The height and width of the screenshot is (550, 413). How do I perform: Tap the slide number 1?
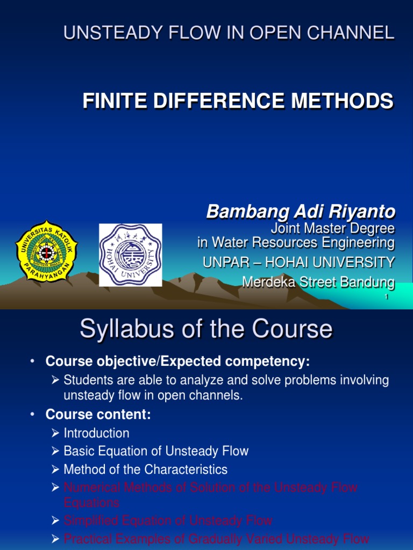point(387,298)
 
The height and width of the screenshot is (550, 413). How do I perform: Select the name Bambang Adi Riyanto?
point(301,212)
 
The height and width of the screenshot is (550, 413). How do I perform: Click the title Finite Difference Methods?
point(238,101)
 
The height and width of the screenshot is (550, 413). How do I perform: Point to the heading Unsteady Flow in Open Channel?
point(229,33)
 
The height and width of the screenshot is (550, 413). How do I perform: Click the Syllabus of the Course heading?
point(206,329)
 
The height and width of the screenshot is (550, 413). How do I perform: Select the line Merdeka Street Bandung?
point(318,281)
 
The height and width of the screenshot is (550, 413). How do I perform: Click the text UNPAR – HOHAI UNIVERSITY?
point(298,263)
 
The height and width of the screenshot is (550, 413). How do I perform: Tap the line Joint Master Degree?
point(332,229)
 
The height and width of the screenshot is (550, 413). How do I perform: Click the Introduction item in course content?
point(96,433)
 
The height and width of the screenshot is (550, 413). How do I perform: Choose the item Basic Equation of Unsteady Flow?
point(156,451)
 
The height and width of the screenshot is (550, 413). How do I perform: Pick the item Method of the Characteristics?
point(145,469)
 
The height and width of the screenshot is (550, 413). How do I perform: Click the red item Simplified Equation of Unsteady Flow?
point(168,520)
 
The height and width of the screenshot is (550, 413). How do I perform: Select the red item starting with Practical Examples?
point(216,539)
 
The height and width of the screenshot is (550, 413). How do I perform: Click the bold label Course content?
point(98,415)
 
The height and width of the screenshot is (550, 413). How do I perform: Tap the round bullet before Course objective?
point(33,360)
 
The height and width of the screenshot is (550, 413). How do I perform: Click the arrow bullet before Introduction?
point(55,433)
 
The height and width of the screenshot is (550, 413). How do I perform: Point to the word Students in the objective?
point(87,380)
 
